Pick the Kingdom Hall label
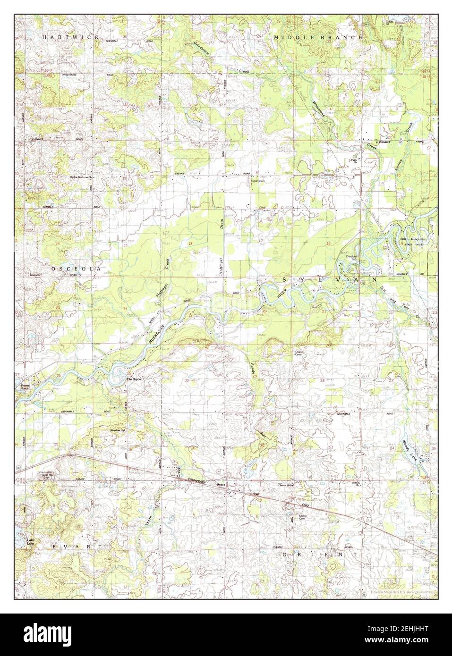pyautogui.click(x=118, y=430)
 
